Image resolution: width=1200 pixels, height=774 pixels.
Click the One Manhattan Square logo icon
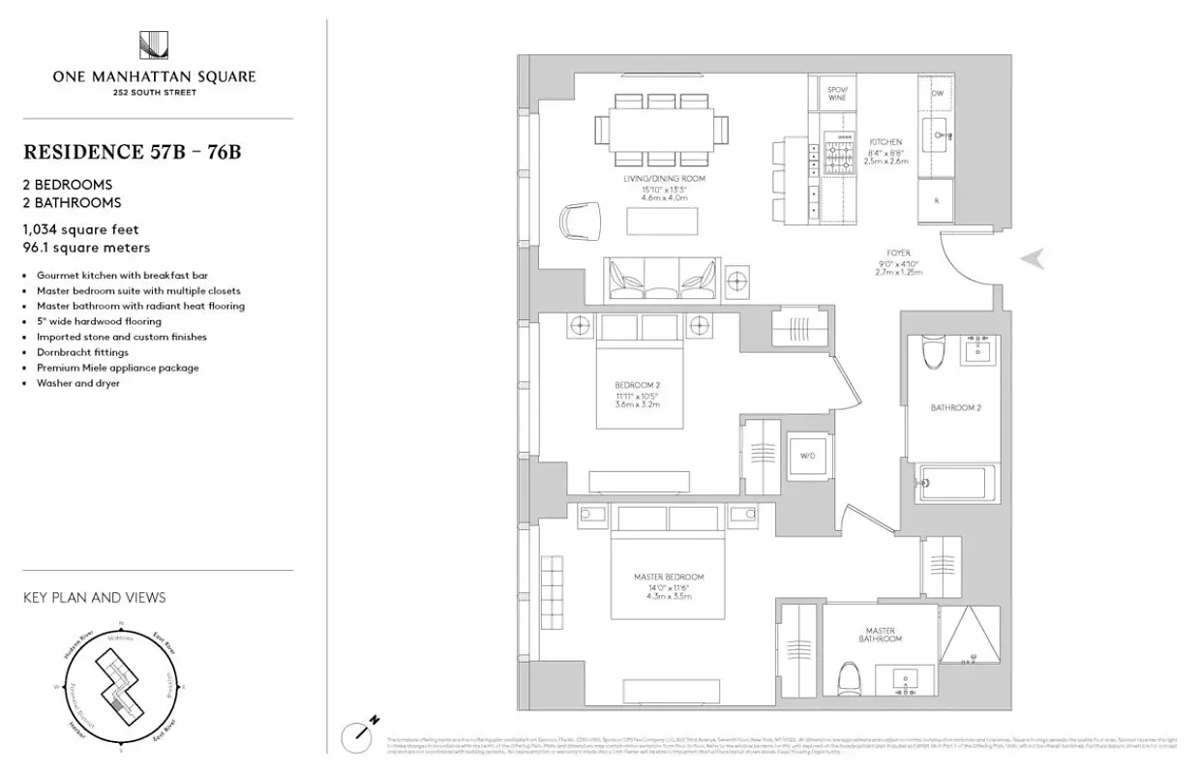tap(157, 45)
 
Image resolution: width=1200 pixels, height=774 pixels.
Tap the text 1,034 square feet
tap(81, 229)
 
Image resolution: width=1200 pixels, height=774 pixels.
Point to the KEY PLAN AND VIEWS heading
tap(94, 598)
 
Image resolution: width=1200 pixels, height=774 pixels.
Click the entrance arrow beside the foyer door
tap(1034, 257)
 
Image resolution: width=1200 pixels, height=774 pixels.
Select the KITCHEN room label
tap(885, 141)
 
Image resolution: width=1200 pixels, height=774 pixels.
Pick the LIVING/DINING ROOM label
tap(664, 180)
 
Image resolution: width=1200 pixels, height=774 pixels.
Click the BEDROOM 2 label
tap(637, 385)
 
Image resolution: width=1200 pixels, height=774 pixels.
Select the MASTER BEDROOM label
tap(663, 577)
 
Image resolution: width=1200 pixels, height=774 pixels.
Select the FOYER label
tap(897, 253)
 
